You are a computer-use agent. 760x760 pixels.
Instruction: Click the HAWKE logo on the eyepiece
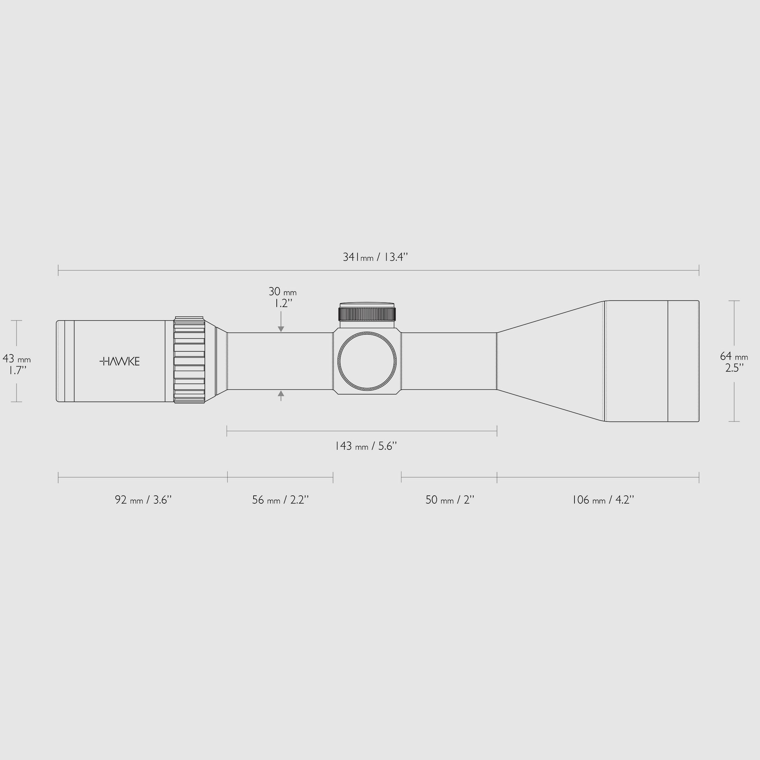pyautogui.click(x=120, y=361)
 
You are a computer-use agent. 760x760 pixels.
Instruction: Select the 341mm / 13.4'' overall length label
pyautogui.click(x=375, y=257)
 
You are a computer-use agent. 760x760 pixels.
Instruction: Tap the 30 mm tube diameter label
pyautogui.click(x=283, y=292)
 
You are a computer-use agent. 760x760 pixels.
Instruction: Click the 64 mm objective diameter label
pyautogui.click(x=734, y=357)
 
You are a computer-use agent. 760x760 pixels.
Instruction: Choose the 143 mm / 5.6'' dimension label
pyautogui.click(x=366, y=446)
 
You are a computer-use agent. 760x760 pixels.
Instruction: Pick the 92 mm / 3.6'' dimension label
pyautogui.click(x=143, y=500)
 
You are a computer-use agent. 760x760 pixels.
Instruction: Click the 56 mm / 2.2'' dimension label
pyautogui.click(x=281, y=500)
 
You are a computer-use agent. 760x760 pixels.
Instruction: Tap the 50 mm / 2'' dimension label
pyautogui.click(x=450, y=500)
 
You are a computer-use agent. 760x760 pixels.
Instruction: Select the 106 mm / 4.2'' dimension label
pyautogui.click(x=603, y=500)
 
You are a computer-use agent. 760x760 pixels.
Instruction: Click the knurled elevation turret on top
pyautogui.click(x=367, y=314)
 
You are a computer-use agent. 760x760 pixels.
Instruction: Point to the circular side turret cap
pyautogui.click(x=367, y=361)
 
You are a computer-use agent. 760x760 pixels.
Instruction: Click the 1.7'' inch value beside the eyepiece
pyautogui.click(x=18, y=370)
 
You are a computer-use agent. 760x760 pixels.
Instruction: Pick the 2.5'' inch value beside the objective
pyautogui.click(x=734, y=368)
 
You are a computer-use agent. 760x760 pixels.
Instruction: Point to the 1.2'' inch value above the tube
pyautogui.click(x=283, y=304)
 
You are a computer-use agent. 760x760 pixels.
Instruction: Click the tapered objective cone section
pyautogui.click(x=551, y=361)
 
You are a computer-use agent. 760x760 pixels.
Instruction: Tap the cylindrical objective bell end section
pyautogui.click(x=652, y=361)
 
